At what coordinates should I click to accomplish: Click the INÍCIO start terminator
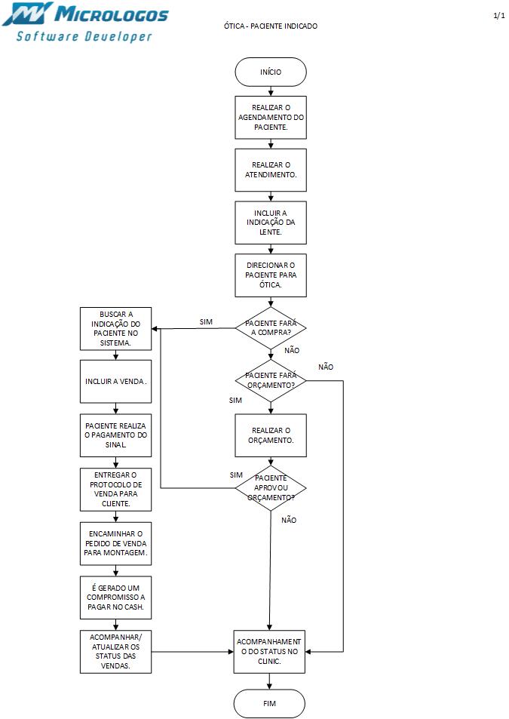tap(271, 72)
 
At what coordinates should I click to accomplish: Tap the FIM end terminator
tap(269, 703)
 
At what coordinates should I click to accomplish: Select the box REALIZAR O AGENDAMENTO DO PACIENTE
tap(271, 118)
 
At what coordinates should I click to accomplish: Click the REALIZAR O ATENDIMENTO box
tap(271, 170)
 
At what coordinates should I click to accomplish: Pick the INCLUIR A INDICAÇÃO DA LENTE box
tap(271, 223)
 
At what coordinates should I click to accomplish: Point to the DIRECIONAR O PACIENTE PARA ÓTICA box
tap(271, 275)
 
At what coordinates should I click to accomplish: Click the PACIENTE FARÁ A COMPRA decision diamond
tap(271, 327)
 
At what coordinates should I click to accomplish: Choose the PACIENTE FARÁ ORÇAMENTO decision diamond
tap(271, 380)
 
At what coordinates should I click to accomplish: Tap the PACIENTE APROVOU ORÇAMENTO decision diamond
tap(271, 488)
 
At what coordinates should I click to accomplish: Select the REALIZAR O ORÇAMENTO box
tap(271, 435)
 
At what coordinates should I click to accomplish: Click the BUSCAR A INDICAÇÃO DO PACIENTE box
tap(115, 329)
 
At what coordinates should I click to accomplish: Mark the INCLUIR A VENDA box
tap(115, 382)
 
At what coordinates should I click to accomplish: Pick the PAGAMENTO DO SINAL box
tap(115, 435)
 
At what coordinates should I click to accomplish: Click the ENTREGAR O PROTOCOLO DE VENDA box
tap(115, 489)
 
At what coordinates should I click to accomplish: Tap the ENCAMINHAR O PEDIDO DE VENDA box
tap(115, 542)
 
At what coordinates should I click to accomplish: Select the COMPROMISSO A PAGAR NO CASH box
tap(115, 596)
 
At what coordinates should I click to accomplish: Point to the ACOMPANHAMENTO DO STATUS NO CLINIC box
tap(269, 650)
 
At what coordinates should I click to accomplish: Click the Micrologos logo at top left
tap(85, 23)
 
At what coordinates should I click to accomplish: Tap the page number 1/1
tap(498, 16)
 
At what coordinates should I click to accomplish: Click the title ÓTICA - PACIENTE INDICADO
tap(271, 26)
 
